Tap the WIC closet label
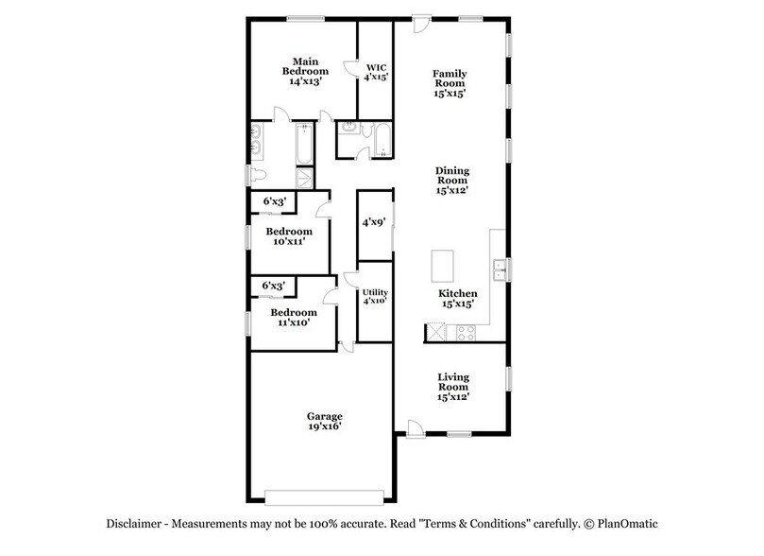point(376,72)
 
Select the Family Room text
point(450,83)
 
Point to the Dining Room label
point(452,180)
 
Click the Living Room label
point(452,387)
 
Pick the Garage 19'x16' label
point(324,421)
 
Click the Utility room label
point(376,297)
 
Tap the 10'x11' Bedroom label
point(288,236)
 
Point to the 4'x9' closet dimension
point(375,224)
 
